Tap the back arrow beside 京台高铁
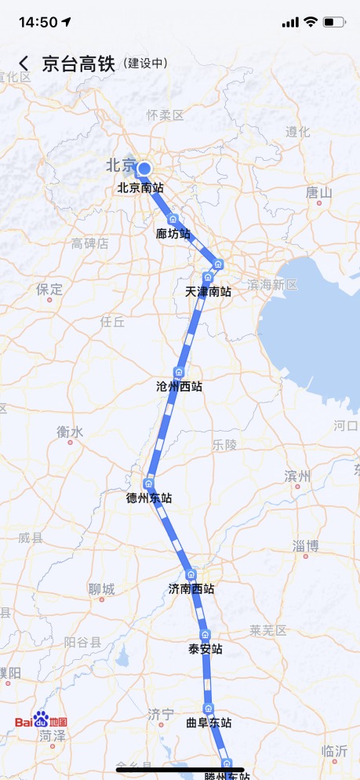pos(24,64)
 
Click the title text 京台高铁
pos(78,64)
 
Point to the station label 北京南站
pos(140,188)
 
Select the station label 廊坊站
pos(173,233)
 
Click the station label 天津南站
pos(208,291)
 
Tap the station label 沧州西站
pos(179,386)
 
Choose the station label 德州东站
pos(149,498)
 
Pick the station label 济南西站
pos(191,588)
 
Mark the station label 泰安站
pos(205,649)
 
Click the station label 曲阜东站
pos(209,723)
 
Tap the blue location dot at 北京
pos(144,168)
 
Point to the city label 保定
pos(49,289)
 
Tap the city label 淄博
pos(305,545)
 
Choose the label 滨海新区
pos(272,284)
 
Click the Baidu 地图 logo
pos(41,720)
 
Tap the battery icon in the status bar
pos(334,21)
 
